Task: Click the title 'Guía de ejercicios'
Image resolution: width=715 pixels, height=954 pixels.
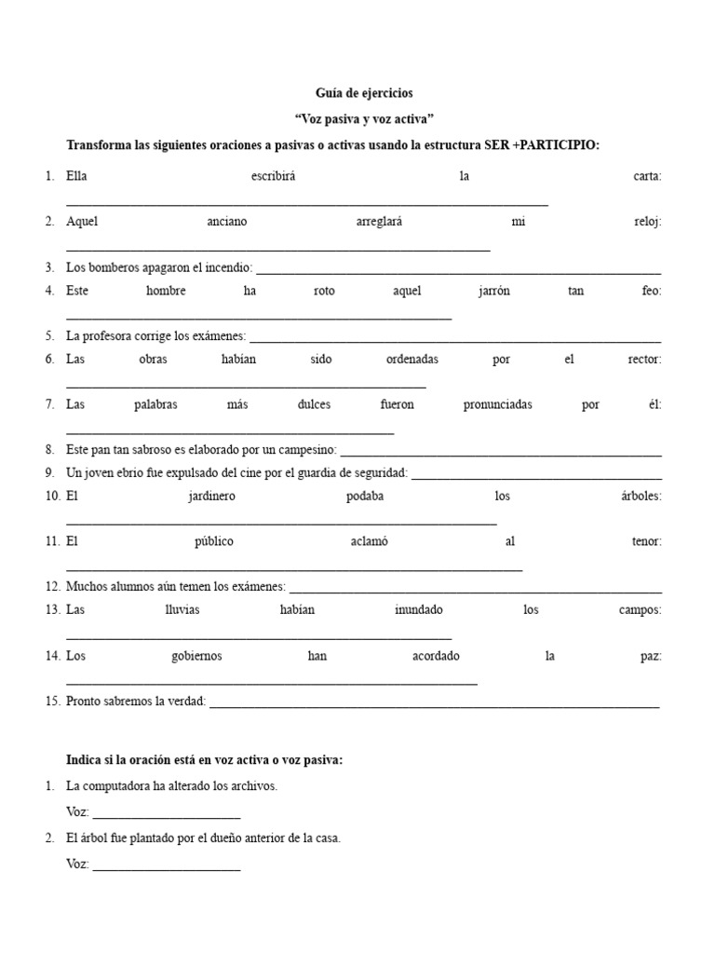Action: (x=363, y=93)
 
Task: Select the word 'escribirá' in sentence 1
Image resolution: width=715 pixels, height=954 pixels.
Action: (x=273, y=176)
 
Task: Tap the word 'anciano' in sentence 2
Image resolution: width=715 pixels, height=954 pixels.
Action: (x=227, y=222)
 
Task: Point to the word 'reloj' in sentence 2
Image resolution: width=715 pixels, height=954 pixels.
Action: (x=645, y=222)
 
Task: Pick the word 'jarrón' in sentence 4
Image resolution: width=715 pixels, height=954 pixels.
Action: (x=493, y=291)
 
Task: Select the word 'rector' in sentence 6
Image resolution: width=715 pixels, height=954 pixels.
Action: (x=644, y=359)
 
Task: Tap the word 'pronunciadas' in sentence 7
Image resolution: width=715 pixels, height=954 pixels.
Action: (x=498, y=404)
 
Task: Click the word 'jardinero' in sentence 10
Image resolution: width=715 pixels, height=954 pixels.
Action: (x=211, y=496)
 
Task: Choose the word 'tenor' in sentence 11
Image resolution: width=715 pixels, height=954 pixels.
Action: (x=646, y=541)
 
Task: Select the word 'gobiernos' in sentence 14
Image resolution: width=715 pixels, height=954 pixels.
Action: (x=196, y=656)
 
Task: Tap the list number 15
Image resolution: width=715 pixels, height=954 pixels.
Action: (x=52, y=701)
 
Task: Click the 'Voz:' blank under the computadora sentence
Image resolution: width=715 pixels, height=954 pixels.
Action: (x=167, y=815)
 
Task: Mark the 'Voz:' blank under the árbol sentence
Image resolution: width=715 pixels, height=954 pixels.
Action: (x=167, y=867)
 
